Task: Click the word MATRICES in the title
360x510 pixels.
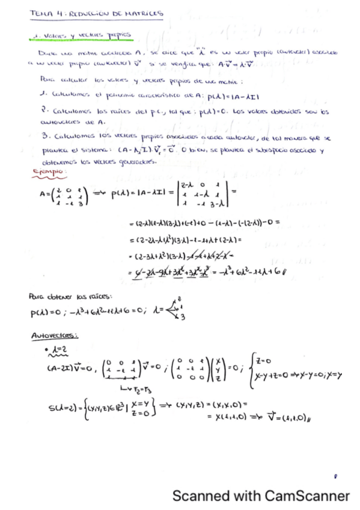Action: tap(145, 13)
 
